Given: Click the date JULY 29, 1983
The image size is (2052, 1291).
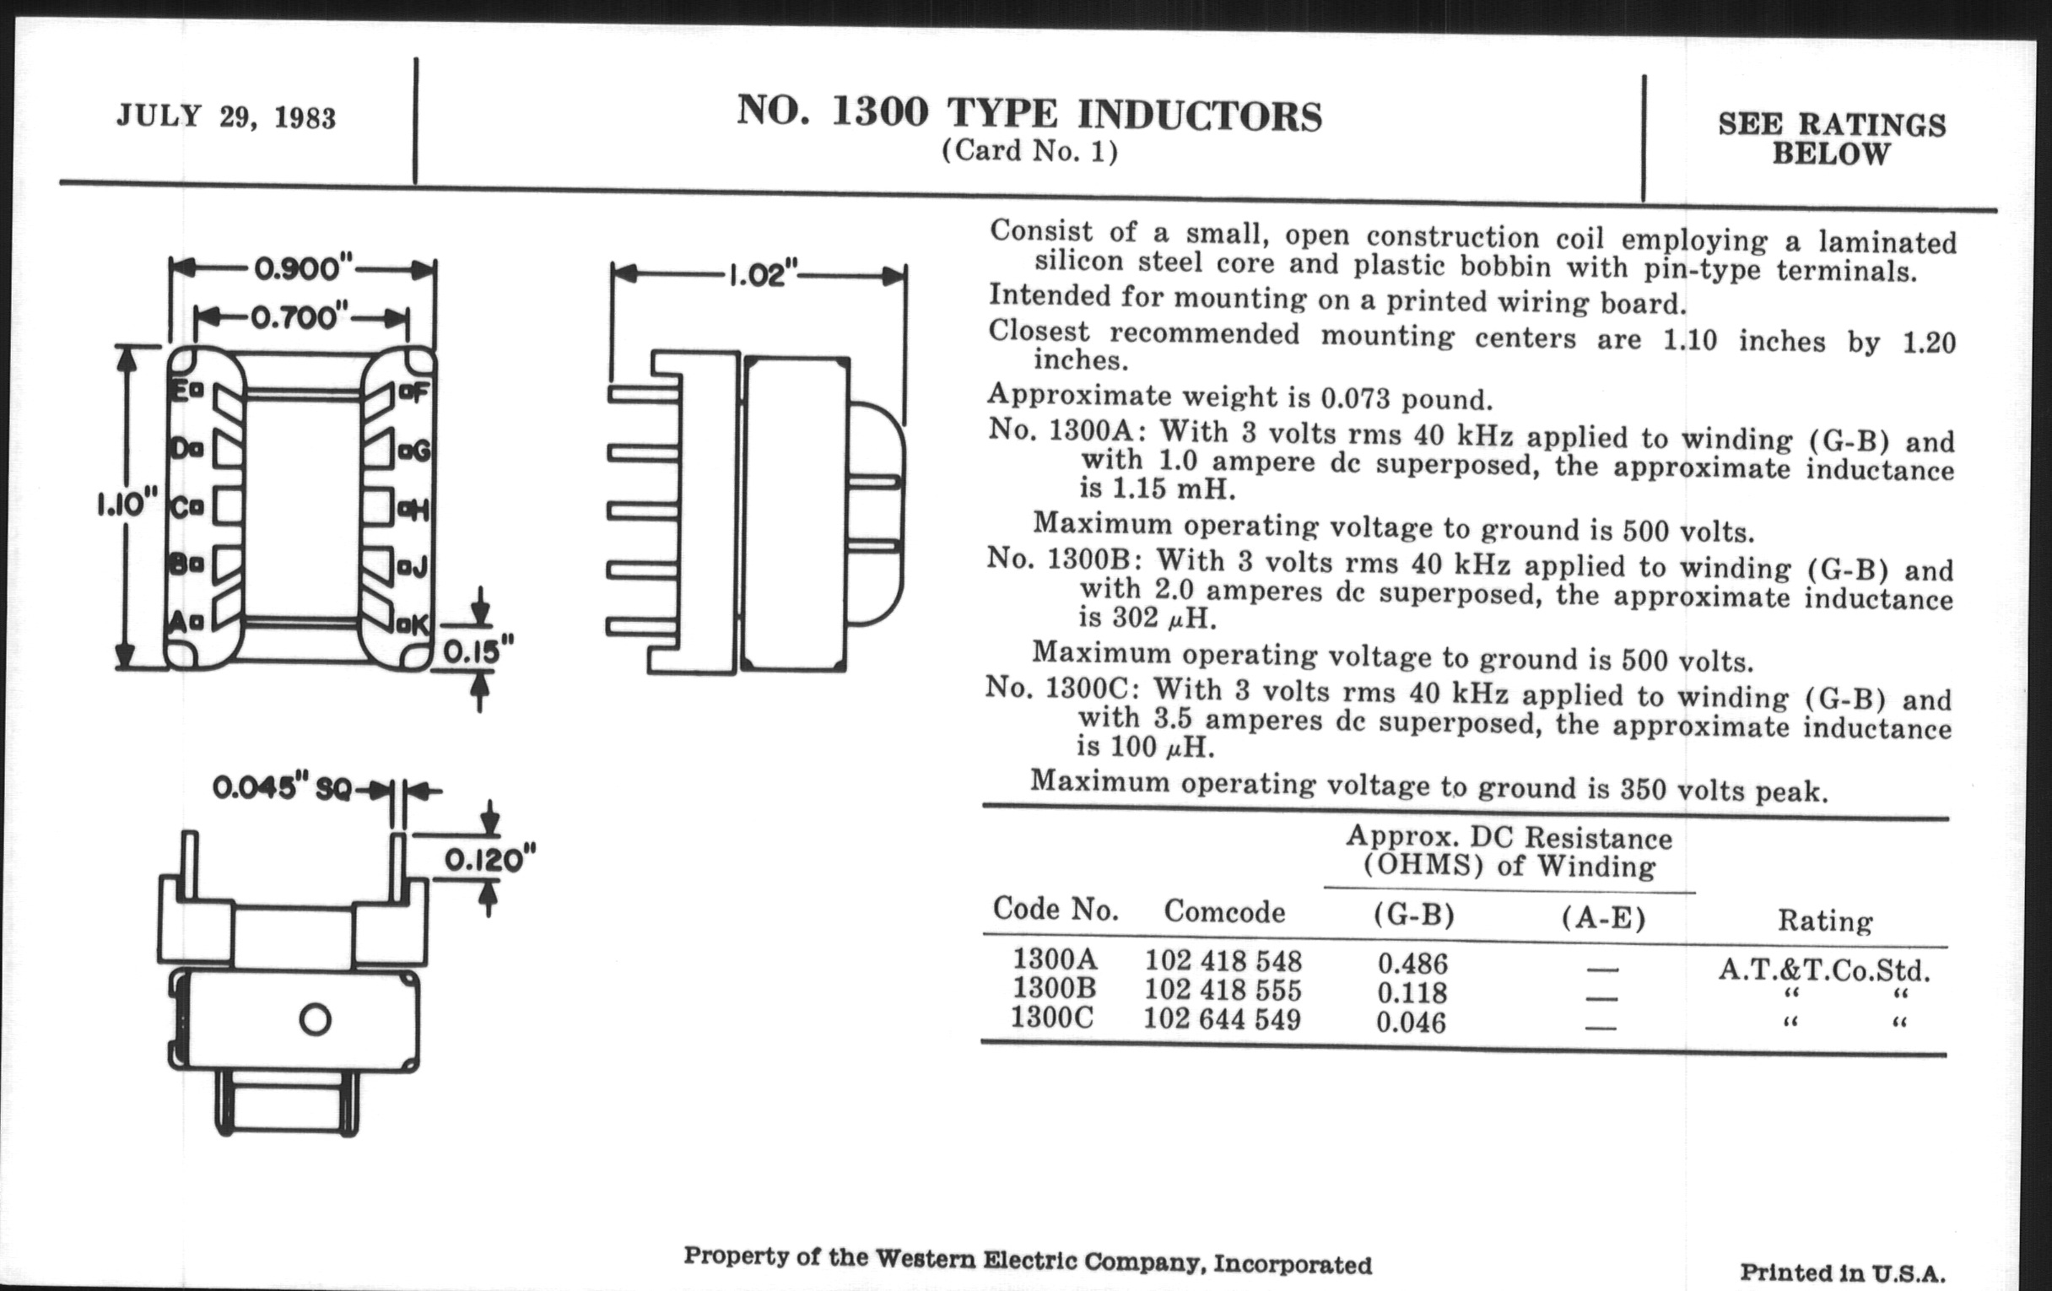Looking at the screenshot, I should point(226,116).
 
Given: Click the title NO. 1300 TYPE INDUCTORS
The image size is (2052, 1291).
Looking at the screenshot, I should point(1029,113).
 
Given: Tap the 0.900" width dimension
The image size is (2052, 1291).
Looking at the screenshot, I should point(304,269).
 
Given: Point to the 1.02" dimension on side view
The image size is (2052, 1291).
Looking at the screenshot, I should point(761,275).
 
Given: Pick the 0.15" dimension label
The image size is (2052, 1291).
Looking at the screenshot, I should point(478,652).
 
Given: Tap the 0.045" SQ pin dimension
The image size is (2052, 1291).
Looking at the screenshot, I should point(281,789).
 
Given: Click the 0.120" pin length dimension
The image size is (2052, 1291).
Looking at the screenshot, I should point(490,860).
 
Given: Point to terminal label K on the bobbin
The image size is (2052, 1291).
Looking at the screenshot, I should point(417,625).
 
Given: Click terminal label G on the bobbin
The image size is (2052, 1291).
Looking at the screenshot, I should point(418,450).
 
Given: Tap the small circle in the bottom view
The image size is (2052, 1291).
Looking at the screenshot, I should point(316,1019).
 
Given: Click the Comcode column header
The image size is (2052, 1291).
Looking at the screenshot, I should point(1223,912).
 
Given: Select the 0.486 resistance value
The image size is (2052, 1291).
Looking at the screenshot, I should point(1412,964).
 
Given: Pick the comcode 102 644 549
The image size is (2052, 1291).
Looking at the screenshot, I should point(1222,1019).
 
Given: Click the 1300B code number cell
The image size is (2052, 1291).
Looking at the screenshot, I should point(1054,988).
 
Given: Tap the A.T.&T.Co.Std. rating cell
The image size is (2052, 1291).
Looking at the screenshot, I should point(1823,970).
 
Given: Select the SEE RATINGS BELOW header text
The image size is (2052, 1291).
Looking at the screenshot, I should point(1831,139).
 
